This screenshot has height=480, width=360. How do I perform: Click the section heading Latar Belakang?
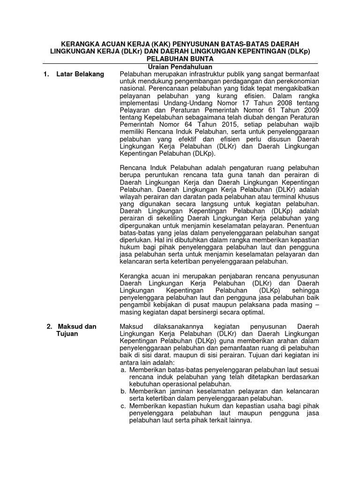[x=80, y=74]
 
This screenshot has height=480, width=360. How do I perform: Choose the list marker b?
[x=123, y=391]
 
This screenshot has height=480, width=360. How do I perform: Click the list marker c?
[x=123, y=406]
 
